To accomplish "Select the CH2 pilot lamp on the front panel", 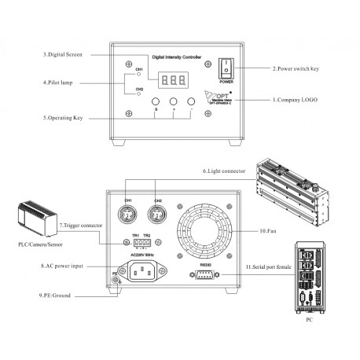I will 139,94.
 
